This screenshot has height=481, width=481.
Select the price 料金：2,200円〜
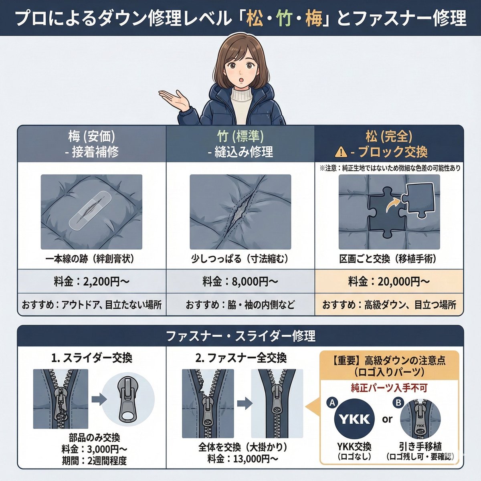(x=92, y=282)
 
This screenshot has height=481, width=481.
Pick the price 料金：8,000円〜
(x=240, y=282)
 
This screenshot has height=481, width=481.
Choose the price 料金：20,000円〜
(x=389, y=282)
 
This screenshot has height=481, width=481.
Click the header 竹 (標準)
(x=240, y=136)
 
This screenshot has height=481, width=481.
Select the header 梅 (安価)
(x=92, y=136)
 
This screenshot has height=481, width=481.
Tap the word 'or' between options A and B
(x=387, y=420)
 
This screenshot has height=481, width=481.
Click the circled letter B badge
(x=398, y=402)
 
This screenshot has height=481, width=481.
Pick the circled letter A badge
(x=332, y=402)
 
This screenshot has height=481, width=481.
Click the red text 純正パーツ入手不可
(x=389, y=388)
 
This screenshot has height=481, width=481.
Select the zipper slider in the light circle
(x=128, y=399)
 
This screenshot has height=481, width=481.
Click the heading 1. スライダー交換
(x=91, y=358)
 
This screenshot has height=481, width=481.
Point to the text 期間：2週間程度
(x=94, y=461)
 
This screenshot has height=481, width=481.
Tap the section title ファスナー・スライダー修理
(x=240, y=336)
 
